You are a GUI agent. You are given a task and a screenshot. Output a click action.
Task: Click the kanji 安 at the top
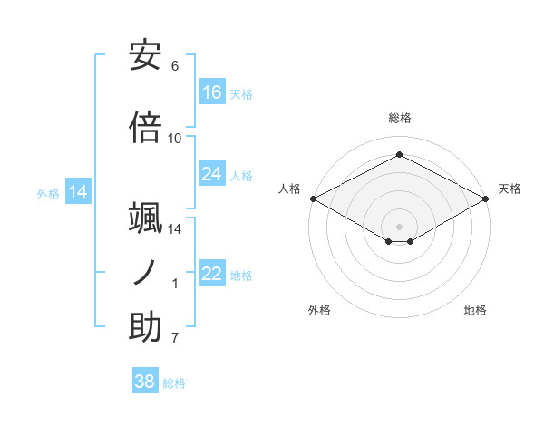coord(145,55)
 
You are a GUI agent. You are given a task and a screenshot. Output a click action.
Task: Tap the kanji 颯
coord(145,218)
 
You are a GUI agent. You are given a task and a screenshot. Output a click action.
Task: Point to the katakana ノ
coord(145,273)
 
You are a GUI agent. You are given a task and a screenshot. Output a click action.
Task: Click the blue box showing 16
coord(212,92)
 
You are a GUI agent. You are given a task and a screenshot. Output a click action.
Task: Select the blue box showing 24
coord(212,174)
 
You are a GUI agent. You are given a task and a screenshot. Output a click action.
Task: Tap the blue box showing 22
coord(212,275)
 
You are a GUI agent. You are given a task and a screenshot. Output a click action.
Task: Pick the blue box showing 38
coord(145,382)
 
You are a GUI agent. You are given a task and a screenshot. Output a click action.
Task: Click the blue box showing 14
coord(78,192)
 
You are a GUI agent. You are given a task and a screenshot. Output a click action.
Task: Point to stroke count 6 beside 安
coord(175,66)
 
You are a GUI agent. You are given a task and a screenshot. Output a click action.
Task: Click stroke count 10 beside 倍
coord(175,138)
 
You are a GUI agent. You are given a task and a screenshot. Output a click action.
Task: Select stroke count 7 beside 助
coord(175,339)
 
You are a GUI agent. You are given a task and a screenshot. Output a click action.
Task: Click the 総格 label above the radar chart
coord(399,118)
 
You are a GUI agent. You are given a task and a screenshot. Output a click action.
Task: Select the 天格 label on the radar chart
coord(510,189)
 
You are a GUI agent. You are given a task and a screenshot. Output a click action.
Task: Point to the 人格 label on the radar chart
coord(290,189)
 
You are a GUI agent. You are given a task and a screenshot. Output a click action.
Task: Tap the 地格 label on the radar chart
coord(475,310)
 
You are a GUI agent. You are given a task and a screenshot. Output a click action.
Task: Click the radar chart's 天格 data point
coord(487,198)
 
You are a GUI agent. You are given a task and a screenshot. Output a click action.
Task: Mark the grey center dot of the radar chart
coord(399,226)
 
